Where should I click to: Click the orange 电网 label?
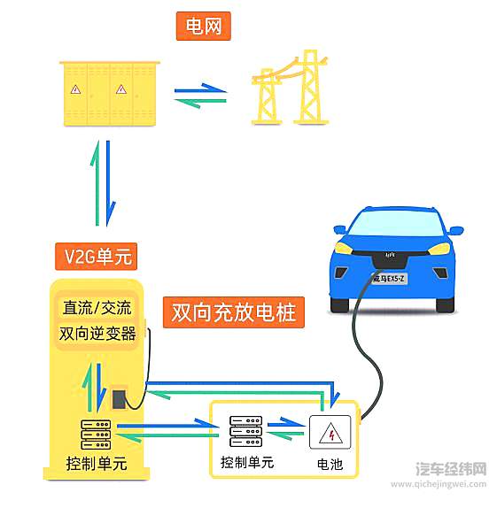tap(204, 27)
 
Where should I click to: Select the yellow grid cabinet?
tap(105, 93)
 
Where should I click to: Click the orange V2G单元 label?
tap(98, 258)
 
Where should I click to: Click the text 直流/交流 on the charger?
tap(97, 309)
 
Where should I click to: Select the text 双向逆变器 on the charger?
tap(97, 334)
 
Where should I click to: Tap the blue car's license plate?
tap(388, 279)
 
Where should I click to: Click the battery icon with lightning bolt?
tap(331, 434)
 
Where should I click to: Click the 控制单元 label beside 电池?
tap(247, 463)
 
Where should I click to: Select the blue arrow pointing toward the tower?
tap(199, 89)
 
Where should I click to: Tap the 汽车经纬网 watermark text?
tap(451, 468)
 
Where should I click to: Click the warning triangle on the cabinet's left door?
tap(76, 89)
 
